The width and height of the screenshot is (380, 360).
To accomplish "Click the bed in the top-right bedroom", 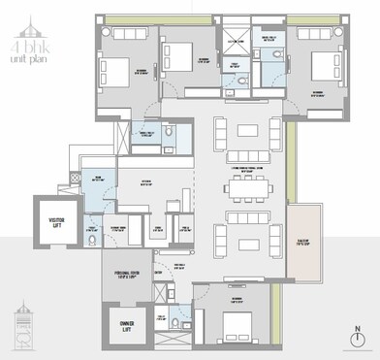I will (322, 68).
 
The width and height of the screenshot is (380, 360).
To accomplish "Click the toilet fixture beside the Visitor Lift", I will (90, 239).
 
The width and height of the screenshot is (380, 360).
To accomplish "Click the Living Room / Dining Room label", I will (249, 167).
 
